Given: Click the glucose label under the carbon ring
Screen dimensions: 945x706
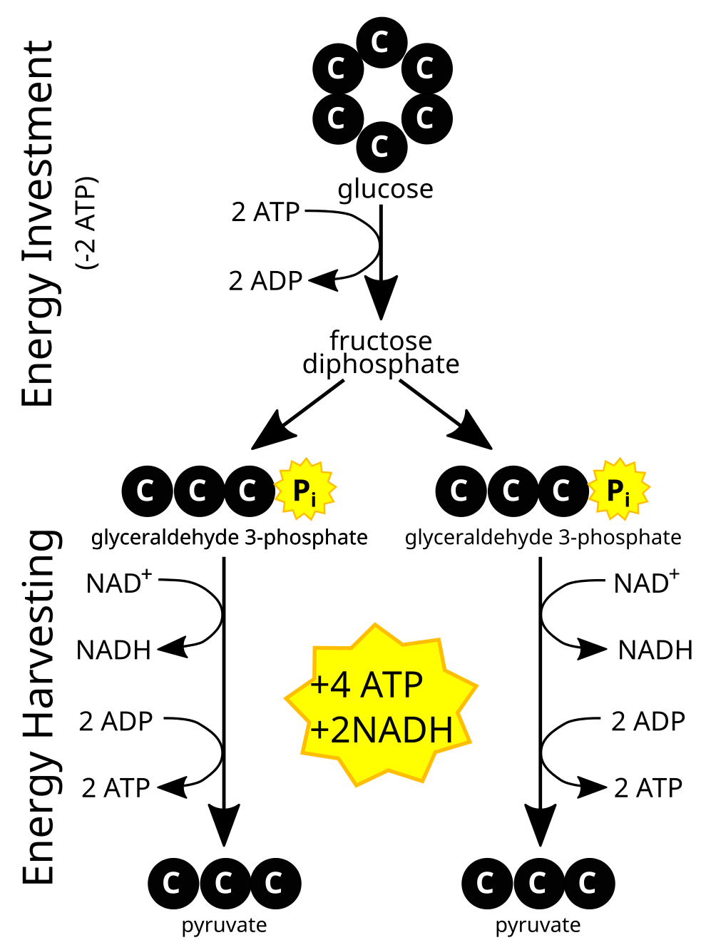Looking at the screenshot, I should point(385,189).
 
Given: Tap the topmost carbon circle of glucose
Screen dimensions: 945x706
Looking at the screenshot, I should point(382,42).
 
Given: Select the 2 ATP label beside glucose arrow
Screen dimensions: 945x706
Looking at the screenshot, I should point(265,212).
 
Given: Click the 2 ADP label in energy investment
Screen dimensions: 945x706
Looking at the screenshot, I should point(265,281).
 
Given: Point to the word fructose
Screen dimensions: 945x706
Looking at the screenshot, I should point(381,340).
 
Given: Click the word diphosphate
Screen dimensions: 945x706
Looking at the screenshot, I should point(381,364).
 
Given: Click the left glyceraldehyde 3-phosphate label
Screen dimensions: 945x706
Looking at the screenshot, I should point(229,537).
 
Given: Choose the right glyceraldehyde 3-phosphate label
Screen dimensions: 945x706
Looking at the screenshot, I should point(543,537).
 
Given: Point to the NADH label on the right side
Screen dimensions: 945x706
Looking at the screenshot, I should point(655,650).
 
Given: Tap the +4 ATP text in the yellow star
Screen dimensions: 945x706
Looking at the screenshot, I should point(367,685).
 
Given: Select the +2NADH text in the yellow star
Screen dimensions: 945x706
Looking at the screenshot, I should point(382,730).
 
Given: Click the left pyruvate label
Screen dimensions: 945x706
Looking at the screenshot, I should point(224,926).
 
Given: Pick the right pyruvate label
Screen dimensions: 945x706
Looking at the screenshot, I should point(538,926).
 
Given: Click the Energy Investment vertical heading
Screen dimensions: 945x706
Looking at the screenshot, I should point(39,224).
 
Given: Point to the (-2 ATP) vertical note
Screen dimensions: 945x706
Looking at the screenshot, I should point(86,223).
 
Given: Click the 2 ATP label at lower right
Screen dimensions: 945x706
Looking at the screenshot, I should point(648,788).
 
